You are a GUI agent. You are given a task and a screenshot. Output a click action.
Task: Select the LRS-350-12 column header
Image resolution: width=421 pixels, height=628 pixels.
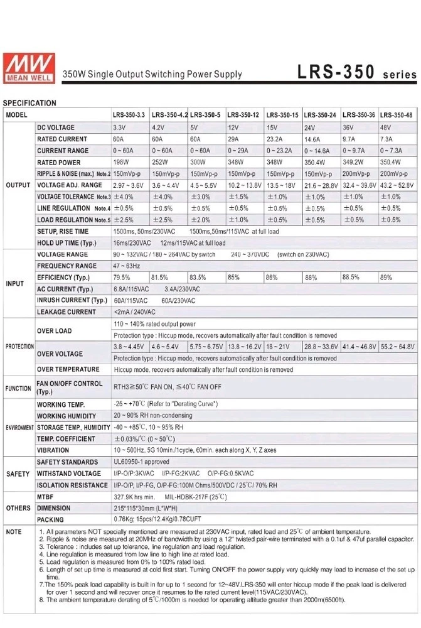pyautogui.click(x=243, y=115)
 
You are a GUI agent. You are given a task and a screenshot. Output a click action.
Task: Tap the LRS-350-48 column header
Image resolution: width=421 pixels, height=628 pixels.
pyautogui.click(x=399, y=115)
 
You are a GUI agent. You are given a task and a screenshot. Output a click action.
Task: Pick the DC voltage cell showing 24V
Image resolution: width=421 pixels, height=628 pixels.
pyautogui.click(x=311, y=127)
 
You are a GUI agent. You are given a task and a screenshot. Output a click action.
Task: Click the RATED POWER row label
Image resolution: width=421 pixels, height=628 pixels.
pyautogui.click(x=58, y=162)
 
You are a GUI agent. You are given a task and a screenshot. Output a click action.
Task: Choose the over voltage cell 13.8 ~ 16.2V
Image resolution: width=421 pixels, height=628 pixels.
pyautogui.click(x=244, y=347)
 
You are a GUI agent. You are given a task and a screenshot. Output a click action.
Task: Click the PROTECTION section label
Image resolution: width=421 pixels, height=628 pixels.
pyautogui.click(x=19, y=347)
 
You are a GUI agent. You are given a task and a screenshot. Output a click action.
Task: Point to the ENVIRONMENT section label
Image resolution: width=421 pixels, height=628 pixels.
pyautogui.click(x=19, y=428)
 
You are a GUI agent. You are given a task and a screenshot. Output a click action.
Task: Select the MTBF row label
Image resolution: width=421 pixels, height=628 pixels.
pyautogui.click(x=46, y=497)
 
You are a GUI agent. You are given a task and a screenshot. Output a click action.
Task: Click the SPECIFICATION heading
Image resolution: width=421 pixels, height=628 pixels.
pyautogui.click(x=29, y=103)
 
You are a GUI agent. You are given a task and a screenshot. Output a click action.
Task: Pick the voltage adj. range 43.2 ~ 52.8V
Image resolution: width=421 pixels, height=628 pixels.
pyautogui.click(x=398, y=185)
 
